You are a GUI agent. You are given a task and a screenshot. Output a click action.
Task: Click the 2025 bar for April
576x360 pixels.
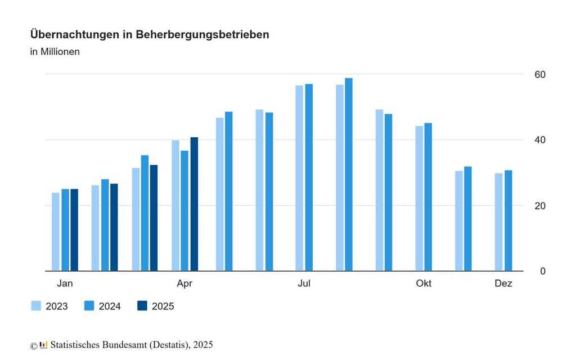(x=194, y=204)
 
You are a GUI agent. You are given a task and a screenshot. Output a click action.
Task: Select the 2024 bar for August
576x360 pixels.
(x=349, y=174)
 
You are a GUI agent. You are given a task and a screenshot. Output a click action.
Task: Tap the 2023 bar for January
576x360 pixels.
(x=56, y=232)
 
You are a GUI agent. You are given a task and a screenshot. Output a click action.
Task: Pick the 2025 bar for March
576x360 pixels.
(x=154, y=218)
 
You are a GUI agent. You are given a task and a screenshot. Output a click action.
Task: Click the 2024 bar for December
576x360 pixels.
(x=508, y=220)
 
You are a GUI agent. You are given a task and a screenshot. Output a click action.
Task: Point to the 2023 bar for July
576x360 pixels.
(x=299, y=178)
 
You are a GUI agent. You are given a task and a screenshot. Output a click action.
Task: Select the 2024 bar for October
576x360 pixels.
(x=428, y=197)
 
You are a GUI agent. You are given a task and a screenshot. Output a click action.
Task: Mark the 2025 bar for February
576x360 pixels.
(x=114, y=227)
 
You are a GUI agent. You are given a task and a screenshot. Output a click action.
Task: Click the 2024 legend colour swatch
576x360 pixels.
(x=89, y=306)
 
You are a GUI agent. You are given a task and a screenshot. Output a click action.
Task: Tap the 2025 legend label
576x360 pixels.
(x=163, y=306)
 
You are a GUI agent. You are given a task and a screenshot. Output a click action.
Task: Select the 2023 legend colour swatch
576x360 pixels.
(x=36, y=306)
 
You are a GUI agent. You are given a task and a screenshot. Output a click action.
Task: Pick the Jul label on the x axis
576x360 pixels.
(x=304, y=283)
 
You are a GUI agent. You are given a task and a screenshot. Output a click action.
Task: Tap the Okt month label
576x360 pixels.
(x=424, y=283)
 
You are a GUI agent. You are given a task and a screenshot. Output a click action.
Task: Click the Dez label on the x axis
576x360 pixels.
(x=503, y=283)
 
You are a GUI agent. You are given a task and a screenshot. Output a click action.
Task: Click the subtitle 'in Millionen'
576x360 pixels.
(x=55, y=52)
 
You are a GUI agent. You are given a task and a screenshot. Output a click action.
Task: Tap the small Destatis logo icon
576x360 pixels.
(x=43, y=345)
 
